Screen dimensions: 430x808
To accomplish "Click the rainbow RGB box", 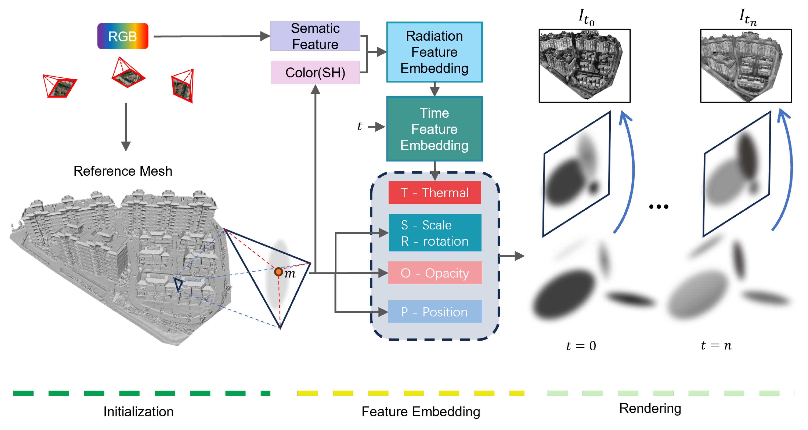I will [123, 36].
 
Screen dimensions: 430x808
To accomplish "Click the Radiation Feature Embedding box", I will [434, 52].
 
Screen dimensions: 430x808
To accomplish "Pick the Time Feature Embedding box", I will [434, 129].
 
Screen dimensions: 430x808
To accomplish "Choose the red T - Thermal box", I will [434, 192].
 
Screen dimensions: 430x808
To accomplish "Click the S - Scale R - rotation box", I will [435, 233].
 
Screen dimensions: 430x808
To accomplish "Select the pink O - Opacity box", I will [435, 273].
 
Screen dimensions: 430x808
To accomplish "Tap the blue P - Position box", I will [435, 312].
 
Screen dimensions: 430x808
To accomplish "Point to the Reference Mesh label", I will [123, 171].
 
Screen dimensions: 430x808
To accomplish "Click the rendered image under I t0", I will [584, 66].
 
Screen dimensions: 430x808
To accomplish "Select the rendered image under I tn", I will [746, 66].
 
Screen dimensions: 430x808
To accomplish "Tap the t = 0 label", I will [581, 346].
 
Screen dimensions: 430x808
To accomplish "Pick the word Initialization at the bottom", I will [138, 411].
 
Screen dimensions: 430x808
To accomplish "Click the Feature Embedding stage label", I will [421, 411].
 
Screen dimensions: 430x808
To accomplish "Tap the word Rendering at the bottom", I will [650, 408].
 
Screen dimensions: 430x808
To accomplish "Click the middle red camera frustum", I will [128, 74].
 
